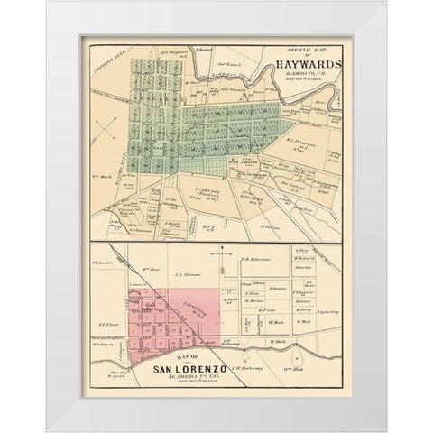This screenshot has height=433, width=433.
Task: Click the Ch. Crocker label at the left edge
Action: (x=101, y=263)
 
